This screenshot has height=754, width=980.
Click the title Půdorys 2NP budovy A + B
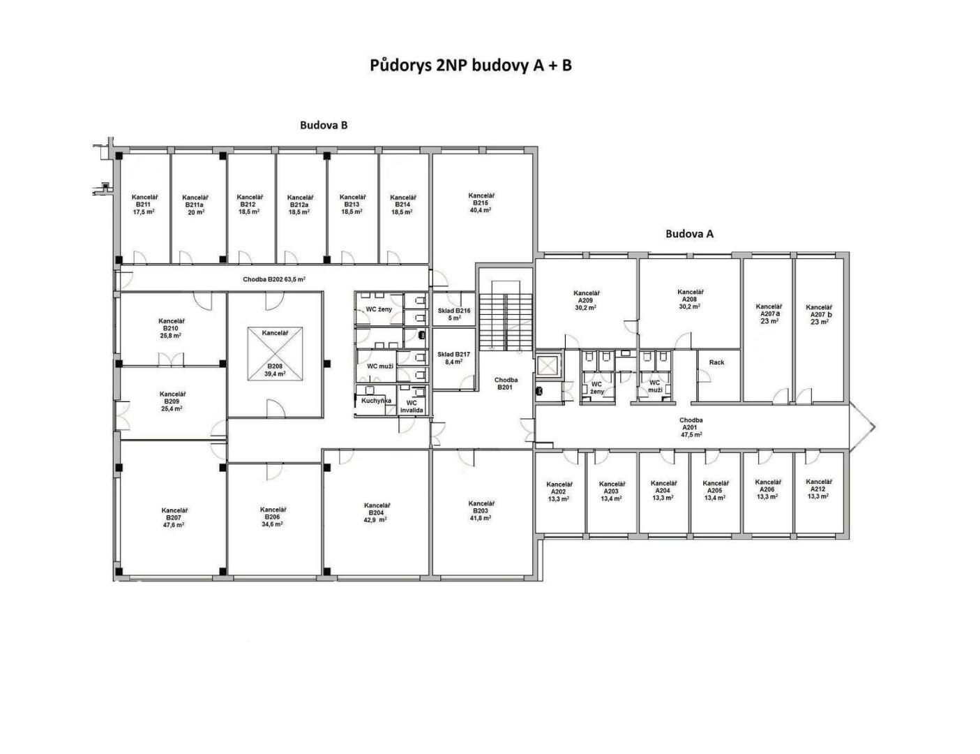coord(470,66)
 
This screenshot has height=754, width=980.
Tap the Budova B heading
coord(324,125)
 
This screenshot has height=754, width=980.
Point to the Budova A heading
coord(689,234)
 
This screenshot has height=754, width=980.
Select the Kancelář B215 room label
coord(481,203)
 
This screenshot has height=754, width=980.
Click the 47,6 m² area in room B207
coord(174,525)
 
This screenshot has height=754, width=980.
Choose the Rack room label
coord(716,362)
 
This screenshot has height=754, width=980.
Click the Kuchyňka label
coord(376,401)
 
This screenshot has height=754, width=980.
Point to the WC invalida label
coord(412,406)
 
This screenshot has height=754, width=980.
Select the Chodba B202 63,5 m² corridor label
coord(274,279)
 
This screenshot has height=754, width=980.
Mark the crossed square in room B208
coord(275,354)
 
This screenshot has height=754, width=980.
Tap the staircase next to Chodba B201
coord(506,321)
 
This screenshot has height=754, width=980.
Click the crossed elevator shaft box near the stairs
coord(548,366)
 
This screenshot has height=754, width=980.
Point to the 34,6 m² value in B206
coord(272,524)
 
